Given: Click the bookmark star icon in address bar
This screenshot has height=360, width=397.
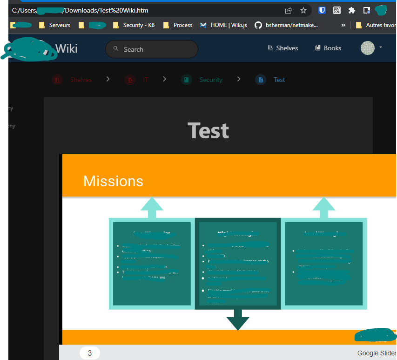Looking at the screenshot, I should pyautogui.click(x=303, y=10).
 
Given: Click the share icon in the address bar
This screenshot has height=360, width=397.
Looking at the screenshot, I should pyautogui.click(x=289, y=10).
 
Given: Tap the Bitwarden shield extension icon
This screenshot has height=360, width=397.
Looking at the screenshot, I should pyautogui.click(x=322, y=10).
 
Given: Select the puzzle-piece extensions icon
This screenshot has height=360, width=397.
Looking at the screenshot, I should pyautogui.click(x=352, y=10).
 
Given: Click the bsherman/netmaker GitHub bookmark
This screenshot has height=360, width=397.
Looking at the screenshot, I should pyautogui.click(x=287, y=25).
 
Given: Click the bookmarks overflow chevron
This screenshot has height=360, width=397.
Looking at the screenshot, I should pyautogui.click(x=343, y=25).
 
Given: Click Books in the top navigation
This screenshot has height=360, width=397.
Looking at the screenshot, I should pyautogui.click(x=328, y=48).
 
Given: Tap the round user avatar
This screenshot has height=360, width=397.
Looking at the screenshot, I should pyautogui.click(x=368, y=48).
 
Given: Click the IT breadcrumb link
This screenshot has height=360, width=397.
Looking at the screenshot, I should pyautogui.click(x=145, y=80).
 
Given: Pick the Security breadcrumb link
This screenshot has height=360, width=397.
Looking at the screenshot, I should pyautogui.click(x=211, y=80).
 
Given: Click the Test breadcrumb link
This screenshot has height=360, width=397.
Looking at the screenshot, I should pyautogui.click(x=279, y=80).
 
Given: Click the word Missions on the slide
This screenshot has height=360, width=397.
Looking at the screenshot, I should pyautogui.click(x=113, y=181).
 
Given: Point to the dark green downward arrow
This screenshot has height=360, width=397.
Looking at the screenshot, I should pyautogui.click(x=238, y=320).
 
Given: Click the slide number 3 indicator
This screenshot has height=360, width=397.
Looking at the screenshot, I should pyautogui.click(x=90, y=353).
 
